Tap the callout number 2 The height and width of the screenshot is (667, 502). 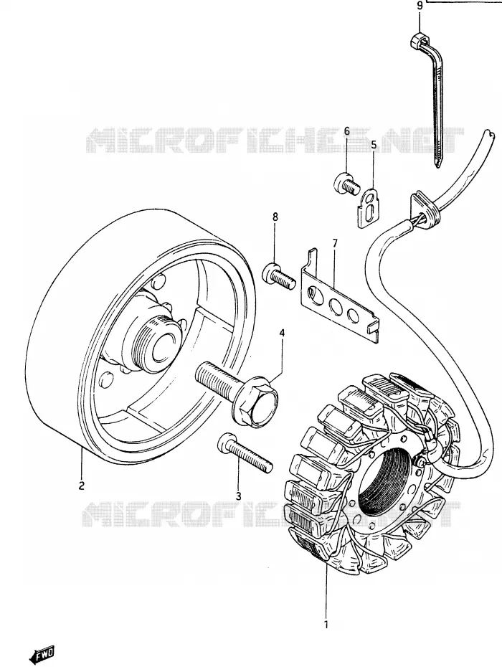point(81,486)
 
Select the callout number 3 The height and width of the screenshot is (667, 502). point(238,496)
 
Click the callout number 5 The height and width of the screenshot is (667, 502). point(374,145)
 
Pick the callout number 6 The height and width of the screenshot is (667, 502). point(346,131)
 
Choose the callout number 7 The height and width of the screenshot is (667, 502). point(335,243)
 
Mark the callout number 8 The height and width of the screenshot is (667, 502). point(275,217)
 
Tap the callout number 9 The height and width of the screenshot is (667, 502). point(420,6)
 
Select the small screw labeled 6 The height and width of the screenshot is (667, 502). point(346,184)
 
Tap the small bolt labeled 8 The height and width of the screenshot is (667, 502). point(280,276)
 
